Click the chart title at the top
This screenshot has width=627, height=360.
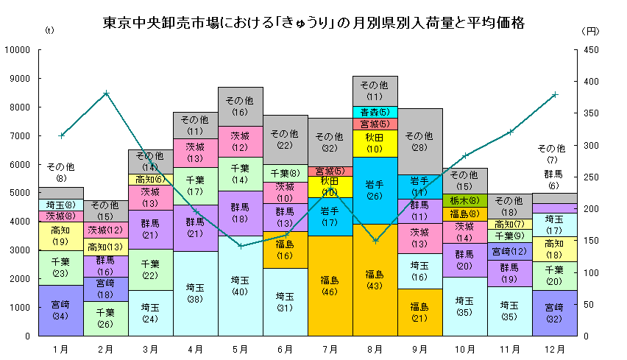pos(313,23)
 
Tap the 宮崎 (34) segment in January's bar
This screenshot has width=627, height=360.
pos(61,310)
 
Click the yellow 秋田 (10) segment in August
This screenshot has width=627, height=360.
pos(375,143)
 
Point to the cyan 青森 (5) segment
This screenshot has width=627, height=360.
pos(375,112)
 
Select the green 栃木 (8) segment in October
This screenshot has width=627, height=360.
pos(465,200)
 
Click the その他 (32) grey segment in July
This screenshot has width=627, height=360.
pos(330,142)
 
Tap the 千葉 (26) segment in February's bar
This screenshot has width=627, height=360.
pos(106,318)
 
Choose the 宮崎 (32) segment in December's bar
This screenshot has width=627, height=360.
pos(554,313)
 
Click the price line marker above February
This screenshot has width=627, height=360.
pos(106,93)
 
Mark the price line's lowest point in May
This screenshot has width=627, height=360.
pos(240,245)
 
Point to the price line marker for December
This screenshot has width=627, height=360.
pos(554,94)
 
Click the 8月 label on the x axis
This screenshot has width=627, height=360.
pos(375,347)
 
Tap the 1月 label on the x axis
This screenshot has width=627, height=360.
pos(61,347)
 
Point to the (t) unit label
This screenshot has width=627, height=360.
pos(49,31)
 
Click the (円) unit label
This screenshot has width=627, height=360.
pos(592,31)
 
